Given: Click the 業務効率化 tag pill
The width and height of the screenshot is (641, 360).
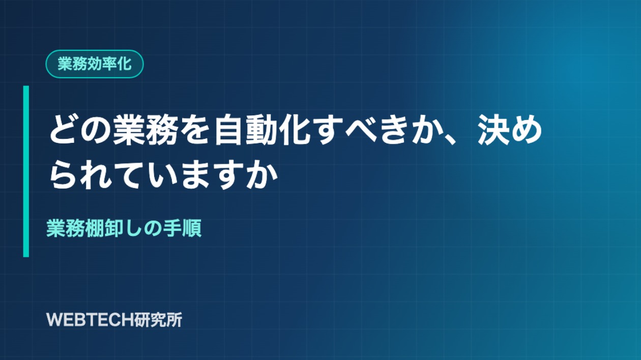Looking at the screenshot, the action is pyautogui.click(x=95, y=64).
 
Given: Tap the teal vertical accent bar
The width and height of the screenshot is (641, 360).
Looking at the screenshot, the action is pyautogui.click(x=26, y=171).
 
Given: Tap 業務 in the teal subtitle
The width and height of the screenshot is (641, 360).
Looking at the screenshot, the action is pyautogui.click(x=66, y=228).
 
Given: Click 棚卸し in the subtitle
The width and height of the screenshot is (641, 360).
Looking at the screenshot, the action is pyautogui.click(x=114, y=228).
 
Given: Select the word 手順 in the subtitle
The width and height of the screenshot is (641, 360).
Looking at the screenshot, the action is pyautogui.click(x=183, y=228).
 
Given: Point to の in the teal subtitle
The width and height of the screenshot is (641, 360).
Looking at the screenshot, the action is pyautogui.click(x=154, y=228).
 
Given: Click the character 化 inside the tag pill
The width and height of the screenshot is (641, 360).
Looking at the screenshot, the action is pyautogui.click(x=124, y=64).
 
